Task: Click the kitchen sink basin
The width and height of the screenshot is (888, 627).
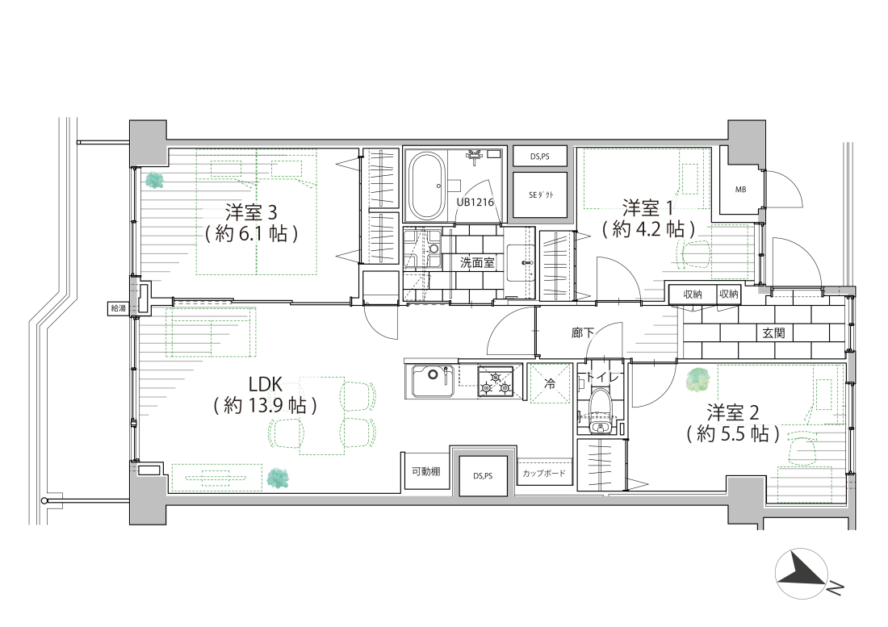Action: click(434, 382)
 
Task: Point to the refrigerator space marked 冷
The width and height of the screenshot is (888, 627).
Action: click(549, 383)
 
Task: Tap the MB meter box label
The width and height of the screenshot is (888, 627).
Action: click(741, 190)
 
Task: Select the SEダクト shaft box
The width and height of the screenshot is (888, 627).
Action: click(541, 195)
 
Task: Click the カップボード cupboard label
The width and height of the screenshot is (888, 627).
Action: click(543, 473)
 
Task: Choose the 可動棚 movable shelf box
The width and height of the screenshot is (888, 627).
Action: click(426, 470)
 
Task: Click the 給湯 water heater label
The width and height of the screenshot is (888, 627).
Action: click(119, 307)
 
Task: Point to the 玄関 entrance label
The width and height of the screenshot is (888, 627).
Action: click(773, 332)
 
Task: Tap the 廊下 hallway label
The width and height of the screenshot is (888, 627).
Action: click(583, 332)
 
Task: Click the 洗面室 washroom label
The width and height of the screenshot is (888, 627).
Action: click(477, 262)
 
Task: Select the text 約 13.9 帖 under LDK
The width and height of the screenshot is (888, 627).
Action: click(265, 406)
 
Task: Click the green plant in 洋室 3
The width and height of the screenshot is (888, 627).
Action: click(153, 181)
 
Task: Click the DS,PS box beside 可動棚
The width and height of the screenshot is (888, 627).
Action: click(483, 476)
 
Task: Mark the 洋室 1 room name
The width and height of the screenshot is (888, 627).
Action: click(648, 207)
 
